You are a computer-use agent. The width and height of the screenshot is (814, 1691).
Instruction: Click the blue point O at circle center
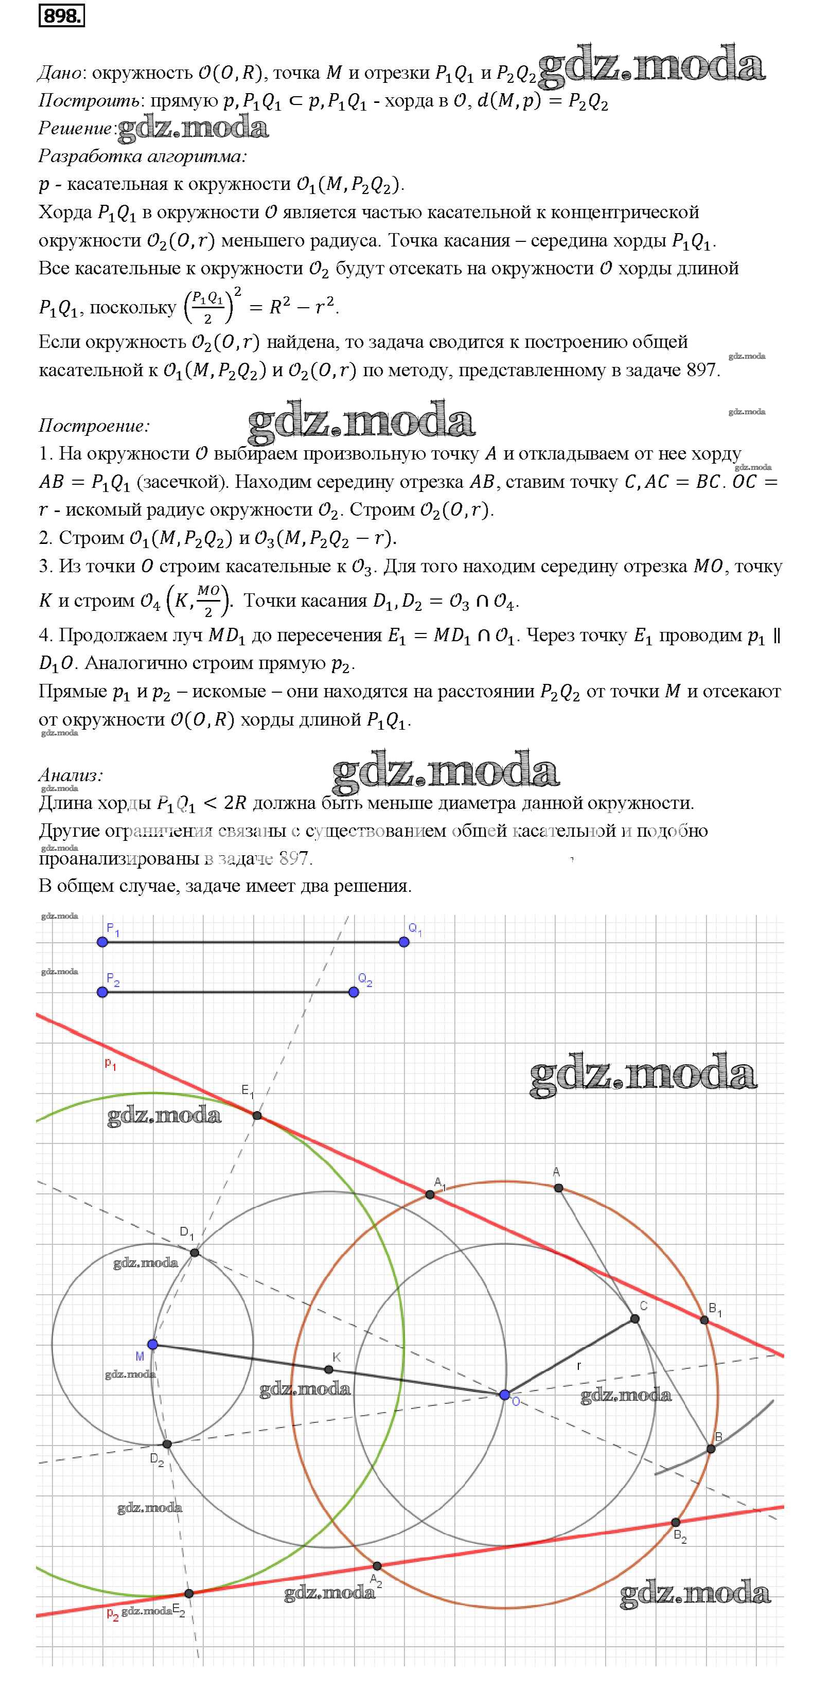point(504,1395)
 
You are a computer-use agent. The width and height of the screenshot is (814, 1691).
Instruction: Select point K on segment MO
point(329,1369)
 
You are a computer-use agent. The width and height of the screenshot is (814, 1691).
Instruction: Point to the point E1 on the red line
point(257,1115)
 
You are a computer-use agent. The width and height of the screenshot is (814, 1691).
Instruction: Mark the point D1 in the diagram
point(195,1253)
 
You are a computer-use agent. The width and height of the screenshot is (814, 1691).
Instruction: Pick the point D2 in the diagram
point(167,1444)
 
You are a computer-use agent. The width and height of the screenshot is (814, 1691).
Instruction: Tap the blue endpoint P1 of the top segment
point(102,942)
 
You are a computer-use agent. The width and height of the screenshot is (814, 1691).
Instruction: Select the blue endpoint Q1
point(404,942)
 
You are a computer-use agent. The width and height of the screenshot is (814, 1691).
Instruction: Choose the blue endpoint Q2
point(355,992)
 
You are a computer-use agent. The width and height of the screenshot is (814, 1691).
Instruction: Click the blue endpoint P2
point(102,992)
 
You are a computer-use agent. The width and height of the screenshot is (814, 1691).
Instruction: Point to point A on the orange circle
point(558,1188)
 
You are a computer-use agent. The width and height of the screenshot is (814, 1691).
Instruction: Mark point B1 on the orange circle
point(704,1320)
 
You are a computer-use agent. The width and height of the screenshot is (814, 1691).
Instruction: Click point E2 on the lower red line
point(189,1593)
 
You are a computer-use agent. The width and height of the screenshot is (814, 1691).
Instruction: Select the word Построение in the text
point(94,426)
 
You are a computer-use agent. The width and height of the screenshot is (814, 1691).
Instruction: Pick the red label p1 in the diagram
point(110,1064)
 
